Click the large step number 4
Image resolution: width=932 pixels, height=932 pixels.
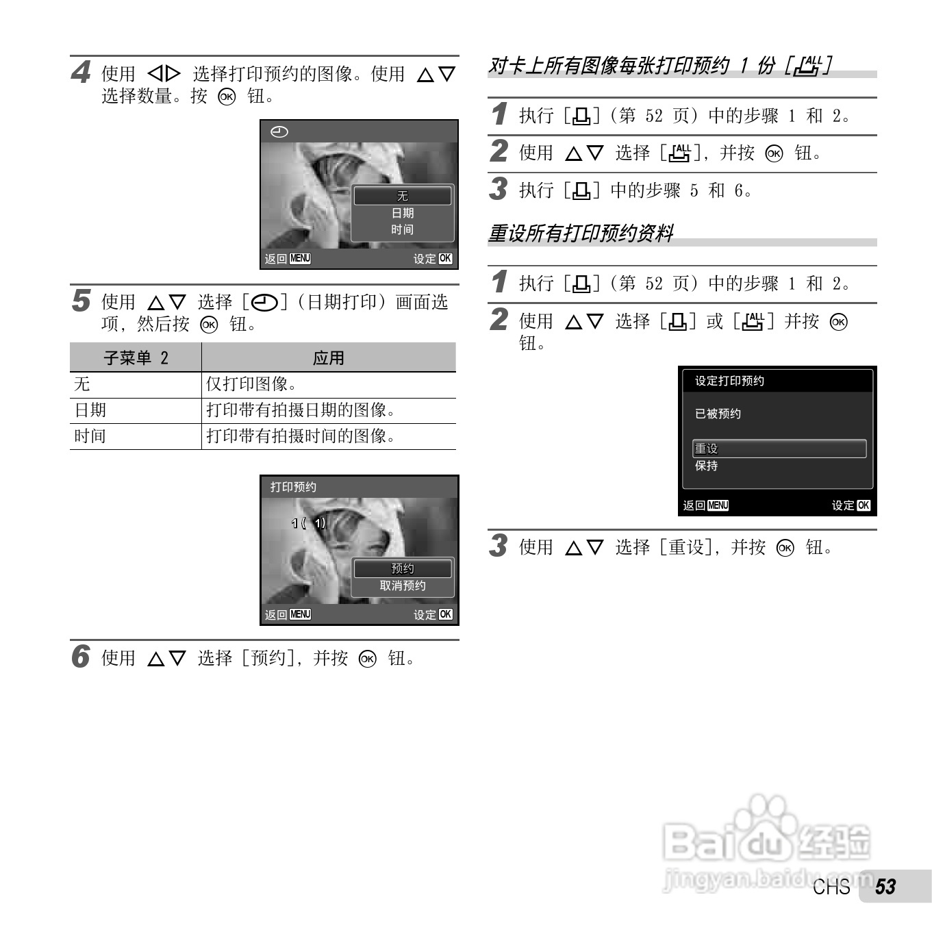coord(81,72)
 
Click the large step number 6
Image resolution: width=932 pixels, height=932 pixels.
coord(81,656)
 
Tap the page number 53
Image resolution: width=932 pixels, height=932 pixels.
coord(885,887)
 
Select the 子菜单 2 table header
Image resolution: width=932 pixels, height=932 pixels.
coord(136,357)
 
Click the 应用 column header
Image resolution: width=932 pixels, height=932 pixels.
coord(328,357)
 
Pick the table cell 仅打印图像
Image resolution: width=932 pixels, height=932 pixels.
coord(251,384)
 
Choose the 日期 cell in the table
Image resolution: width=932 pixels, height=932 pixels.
coord(90,410)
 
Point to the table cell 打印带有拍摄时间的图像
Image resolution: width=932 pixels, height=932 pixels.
coord(301,436)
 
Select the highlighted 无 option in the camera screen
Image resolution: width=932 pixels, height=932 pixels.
coord(402,196)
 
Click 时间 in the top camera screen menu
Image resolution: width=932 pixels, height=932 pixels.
coord(402,229)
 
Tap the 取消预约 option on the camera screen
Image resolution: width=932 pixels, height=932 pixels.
coord(402,585)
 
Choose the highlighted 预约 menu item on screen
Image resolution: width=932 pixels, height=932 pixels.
coord(402,568)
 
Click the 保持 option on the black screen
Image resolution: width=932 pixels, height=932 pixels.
coord(707,466)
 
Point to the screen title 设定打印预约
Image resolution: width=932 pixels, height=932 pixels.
coord(729,381)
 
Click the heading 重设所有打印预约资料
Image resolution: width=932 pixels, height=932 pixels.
coord(581,234)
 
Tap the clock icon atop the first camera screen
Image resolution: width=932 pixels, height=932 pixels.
coord(279,131)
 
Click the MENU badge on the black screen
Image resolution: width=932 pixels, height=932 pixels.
coord(718,505)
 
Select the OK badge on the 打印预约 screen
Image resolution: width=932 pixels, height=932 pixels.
coord(445,614)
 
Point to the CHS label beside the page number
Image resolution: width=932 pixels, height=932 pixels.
coord(831,887)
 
